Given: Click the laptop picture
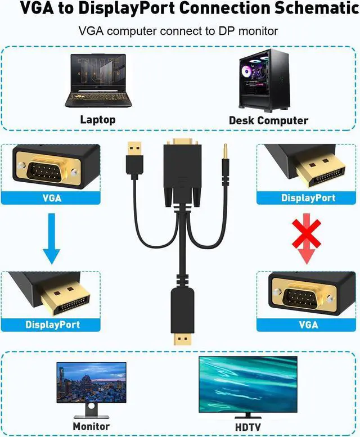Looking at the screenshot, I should pos(97,82).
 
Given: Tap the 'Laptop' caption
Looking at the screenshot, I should pos(98,119).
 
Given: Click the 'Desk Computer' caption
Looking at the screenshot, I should pos(268,120).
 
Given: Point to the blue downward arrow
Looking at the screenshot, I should pos(51,238).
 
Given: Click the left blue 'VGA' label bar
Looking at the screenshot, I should pos(51,198).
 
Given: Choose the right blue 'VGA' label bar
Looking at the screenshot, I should pos(308,325).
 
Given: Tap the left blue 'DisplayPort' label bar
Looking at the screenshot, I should pos(52,325).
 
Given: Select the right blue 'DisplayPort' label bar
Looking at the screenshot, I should pos(308,198).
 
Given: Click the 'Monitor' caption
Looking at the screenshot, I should pos(91,426).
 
